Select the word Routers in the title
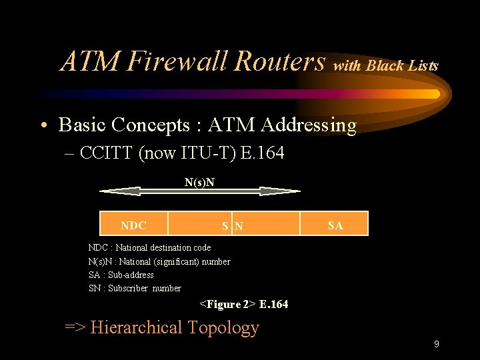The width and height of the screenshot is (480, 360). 279,61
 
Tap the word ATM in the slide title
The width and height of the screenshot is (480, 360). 89,61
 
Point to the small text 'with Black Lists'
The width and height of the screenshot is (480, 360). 386,66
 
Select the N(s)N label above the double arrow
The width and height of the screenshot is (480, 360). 199,182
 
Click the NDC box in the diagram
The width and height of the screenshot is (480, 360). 133,225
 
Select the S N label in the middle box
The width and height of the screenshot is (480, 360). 233,226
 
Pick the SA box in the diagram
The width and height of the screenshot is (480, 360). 335,225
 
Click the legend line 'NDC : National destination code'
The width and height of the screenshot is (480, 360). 149,247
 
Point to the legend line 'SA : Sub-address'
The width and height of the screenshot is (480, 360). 121,275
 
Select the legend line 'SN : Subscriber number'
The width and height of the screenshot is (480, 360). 135,288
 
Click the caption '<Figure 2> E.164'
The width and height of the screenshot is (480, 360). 244,305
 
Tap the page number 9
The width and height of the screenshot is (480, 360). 436,344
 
